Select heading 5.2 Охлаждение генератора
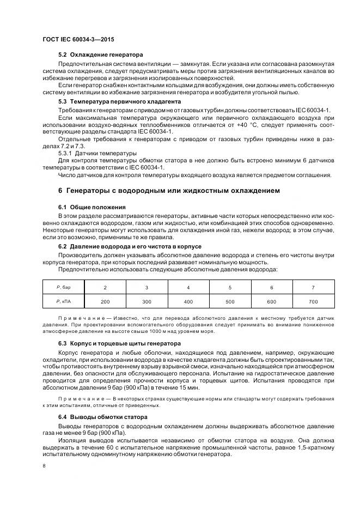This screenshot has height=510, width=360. click(x=100, y=55)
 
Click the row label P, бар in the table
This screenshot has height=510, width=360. click(x=64, y=287)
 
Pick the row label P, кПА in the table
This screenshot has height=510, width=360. click(x=64, y=301)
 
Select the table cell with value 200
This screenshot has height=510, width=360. click(x=105, y=301)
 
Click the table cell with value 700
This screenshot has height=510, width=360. click(x=313, y=301)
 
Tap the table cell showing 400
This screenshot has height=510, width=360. click(x=188, y=301)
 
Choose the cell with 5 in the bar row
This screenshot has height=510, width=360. click(x=230, y=287)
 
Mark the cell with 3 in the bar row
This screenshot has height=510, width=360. click(x=147, y=287)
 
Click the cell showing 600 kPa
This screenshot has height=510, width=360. click(x=272, y=301)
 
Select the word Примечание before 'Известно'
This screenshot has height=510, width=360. click(x=80, y=318)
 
